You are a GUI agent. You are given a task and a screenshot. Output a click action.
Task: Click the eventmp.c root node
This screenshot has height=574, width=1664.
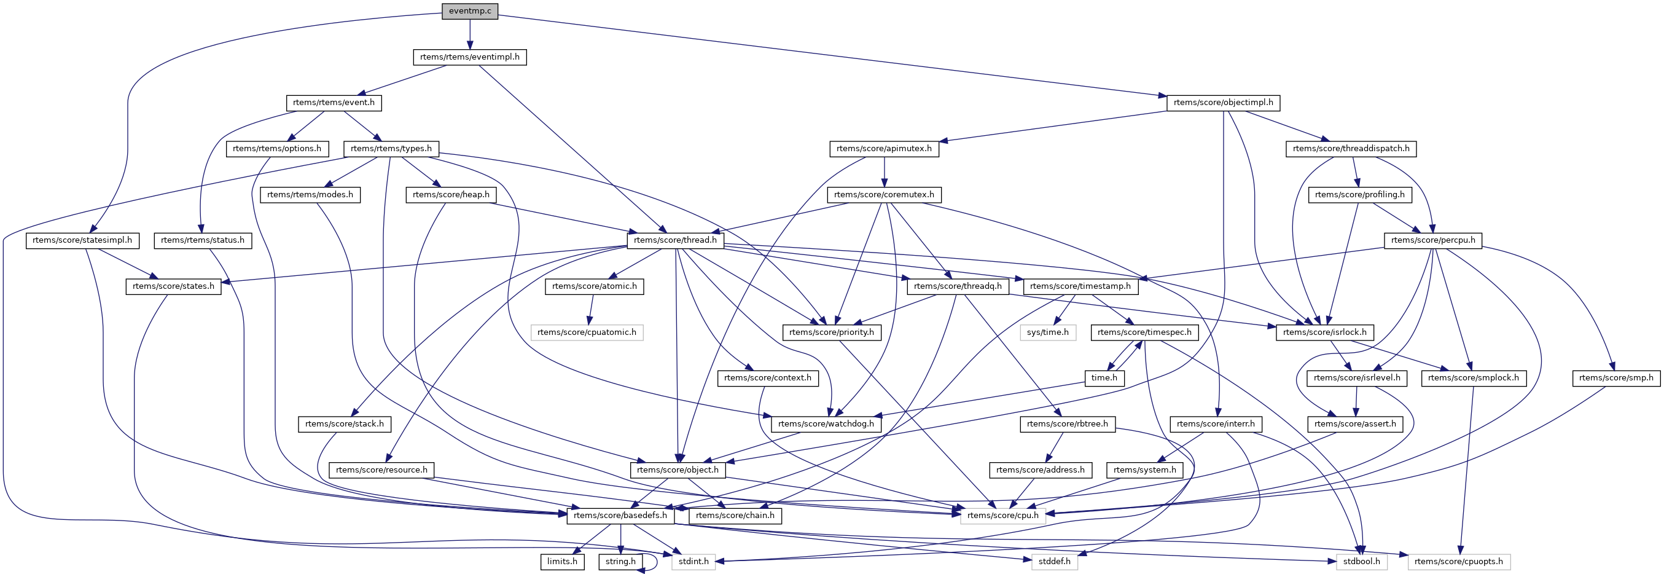tap(470, 11)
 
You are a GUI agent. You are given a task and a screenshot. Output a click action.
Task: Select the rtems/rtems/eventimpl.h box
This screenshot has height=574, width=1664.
tap(470, 57)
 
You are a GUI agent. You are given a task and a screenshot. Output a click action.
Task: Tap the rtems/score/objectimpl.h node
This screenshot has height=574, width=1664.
tap(1223, 103)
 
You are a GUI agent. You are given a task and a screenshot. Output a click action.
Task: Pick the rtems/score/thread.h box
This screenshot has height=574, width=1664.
tap(675, 240)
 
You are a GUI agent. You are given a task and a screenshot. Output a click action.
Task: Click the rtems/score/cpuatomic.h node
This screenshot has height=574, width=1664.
tap(587, 332)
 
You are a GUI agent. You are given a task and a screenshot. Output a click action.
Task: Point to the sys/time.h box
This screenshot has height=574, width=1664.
tap(1047, 332)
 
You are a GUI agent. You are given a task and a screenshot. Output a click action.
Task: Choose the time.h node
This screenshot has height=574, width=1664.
tap(1104, 378)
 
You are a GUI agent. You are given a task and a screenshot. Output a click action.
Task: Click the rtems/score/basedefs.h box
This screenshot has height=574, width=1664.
tap(620, 516)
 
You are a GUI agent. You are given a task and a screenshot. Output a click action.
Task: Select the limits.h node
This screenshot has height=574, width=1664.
tap(562, 562)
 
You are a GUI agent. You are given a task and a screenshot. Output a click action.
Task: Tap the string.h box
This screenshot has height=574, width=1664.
tap(620, 562)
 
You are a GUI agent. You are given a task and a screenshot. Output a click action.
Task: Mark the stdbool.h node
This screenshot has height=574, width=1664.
tap(1361, 562)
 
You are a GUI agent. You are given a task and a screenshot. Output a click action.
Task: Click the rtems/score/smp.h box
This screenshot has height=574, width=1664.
tap(1615, 378)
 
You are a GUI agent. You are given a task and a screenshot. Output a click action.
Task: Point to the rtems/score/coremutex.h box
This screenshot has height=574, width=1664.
tap(884, 195)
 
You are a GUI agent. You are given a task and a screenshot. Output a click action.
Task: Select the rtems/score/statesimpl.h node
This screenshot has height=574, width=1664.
tap(82, 240)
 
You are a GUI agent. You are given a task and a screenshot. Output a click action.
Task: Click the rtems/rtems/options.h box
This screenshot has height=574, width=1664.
tap(276, 149)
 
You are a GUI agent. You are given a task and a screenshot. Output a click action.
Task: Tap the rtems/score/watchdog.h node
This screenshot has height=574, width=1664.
tap(826, 424)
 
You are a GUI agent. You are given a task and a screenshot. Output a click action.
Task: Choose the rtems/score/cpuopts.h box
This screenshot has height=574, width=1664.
tap(1458, 562)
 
